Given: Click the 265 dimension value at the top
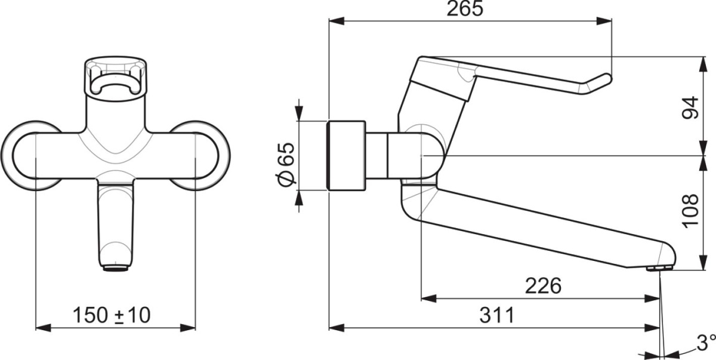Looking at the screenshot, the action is tap(465, 9).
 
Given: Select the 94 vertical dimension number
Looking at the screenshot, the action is tap(690, 107).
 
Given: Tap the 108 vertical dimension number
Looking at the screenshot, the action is tap(690, 211).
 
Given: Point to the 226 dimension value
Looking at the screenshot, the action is tap(544, 286).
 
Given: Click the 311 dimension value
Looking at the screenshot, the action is tap(497, 315).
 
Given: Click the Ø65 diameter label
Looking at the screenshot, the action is tap(285, 164).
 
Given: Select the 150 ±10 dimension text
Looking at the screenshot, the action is tap(112, 315).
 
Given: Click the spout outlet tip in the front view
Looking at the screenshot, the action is tap(115, 267).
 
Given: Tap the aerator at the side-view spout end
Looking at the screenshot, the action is tap(659, 268).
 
